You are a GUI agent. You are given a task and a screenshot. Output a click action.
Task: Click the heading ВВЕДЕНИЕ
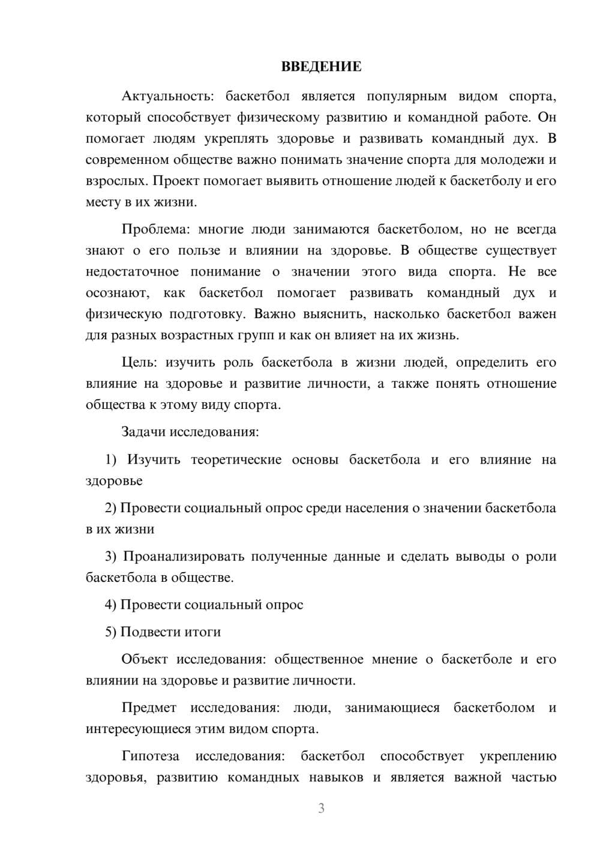[321, 67]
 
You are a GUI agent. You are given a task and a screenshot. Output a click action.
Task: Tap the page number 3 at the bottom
[321, 808]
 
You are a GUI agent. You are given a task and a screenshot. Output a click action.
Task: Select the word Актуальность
[160, 96]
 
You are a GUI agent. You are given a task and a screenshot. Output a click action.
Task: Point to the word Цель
[139, 363]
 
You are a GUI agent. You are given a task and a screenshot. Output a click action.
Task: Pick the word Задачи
[144, 432]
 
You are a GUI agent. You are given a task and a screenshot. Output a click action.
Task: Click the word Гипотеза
[151, 757]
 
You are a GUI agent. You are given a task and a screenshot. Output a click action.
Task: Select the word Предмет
[149, 708]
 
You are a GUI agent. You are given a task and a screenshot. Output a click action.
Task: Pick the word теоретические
[236, 460]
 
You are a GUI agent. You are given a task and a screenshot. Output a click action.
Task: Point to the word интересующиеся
[133, 730]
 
